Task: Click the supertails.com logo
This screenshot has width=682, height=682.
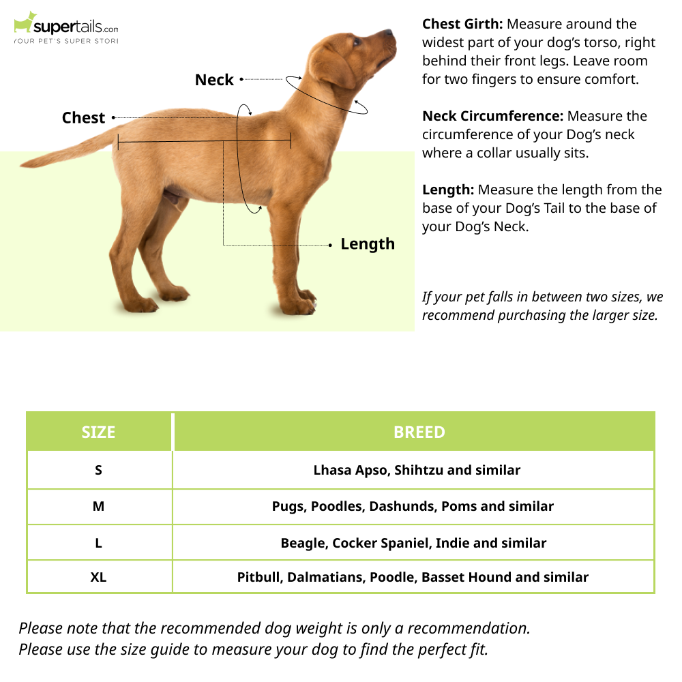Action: pyautogui.click(x=66, y=28)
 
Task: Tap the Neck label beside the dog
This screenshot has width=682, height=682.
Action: pyautogui.click(x=214, y=80)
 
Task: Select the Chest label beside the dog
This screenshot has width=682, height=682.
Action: pyautogui.click(x=83, y=118)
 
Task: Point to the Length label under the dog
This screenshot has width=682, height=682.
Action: pyautogui.click(x=368, y=244)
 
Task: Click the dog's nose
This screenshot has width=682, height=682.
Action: pyautogui.click(x=389, y=32)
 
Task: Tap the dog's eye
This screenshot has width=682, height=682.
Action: pyautogui.click(x=357, y=42)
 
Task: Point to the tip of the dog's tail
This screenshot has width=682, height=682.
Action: pyautogui.click(x=21, y=165)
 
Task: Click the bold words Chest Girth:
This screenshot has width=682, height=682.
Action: pyautogui.click(x=462, y=24)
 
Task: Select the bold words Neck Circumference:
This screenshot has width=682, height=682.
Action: pyautogui.click(x=493, y=116)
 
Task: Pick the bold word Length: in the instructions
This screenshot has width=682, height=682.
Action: pyautogui.click(x=448, y=190)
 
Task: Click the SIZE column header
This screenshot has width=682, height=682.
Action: pyautogui.click(x=99, y=432)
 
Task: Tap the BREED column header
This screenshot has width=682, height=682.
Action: pyautogui.click(x=419, y=432)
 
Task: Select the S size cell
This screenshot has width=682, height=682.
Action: pyautogui.click(x=99, y=470)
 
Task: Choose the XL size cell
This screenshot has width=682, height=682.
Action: pyautogui.click(x=99, y=577)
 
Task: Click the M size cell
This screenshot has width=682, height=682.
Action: pyautogui.click(x=99, y=506)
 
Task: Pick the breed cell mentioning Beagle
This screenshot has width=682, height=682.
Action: pyautogui.click(x=414, y=543)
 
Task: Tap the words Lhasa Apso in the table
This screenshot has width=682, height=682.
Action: pyautogui.click(x=352, y=471)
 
